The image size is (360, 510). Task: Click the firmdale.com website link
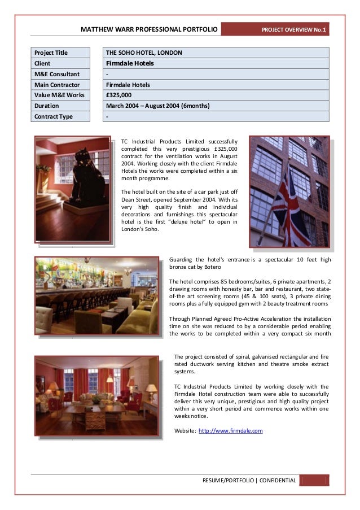pyautogui.click(x=231, y=430)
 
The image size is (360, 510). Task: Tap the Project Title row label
pyautogui.click(x=60, y=53)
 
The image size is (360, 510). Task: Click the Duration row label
pyautogui.click(x=60, y=106)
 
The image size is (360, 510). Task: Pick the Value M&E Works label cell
pyautogui.click(x=60, y=95)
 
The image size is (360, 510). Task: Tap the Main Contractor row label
pyautogui.click(x=60, y=85)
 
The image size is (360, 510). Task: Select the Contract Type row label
pyautogui.click(x=60, y=117)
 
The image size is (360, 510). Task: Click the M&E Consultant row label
pyautogui.click(x=60, y=74)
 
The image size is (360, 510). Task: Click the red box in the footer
pyautogui.click(x=314, y=481)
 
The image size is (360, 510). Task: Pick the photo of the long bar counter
pyautogui.click(x=97, y=295)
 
